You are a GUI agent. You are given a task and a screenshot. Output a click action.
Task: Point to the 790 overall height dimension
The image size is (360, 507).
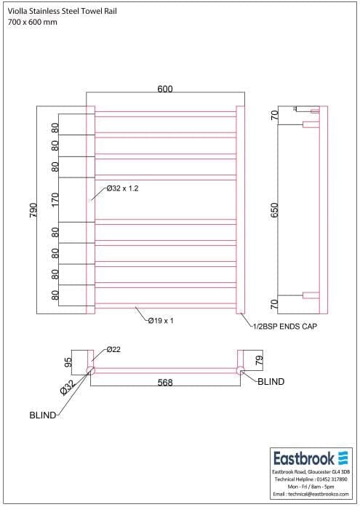(31, 209)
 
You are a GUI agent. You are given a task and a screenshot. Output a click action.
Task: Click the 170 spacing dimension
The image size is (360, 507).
(55, 199)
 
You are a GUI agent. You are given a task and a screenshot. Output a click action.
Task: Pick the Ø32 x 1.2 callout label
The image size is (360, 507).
(121, 188)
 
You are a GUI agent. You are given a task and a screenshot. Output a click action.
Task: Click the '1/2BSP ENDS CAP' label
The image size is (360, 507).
(284, 327)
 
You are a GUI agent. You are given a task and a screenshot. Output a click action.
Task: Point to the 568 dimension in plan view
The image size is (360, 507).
(165, 383)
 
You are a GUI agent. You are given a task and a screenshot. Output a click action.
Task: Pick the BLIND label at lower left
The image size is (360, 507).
(42, 416)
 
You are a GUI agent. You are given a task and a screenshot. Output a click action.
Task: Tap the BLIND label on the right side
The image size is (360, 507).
(271, 381)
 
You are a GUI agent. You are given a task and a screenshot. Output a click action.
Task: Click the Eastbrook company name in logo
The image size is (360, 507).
(303, 458)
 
